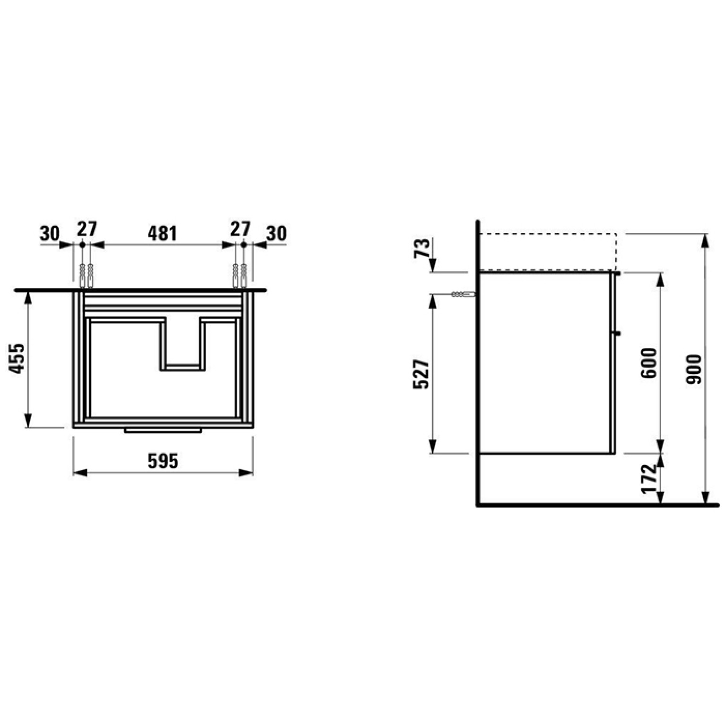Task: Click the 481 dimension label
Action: click(x=162, y=233)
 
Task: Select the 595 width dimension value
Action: click(x=163, y=461)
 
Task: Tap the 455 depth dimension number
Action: click(x=17, y=359)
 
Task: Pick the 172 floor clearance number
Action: click(x=649, y=479)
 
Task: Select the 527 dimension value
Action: click(x=421, y=374)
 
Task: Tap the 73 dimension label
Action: click(x=422, y=248)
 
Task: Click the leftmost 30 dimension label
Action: click(x=50, y=233)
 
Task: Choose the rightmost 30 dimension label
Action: click(x=276, y=233)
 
